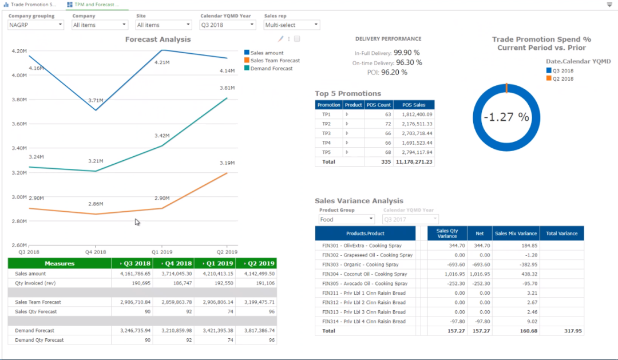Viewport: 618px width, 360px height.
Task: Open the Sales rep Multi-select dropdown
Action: pyautogui.click(x=291, y=25)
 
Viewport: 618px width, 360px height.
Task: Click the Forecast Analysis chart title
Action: pyautogui.click(x=158, y=39)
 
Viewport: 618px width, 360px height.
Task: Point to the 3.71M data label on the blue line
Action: pyautogui.click(x=96, y=101)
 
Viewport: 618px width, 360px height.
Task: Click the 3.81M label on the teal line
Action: pyautogui.click(x=227, y=88)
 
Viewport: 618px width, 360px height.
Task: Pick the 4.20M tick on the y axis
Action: pyautogui.click(x=19, y=51)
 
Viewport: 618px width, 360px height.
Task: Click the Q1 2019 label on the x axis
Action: pyautogui.click(x=161, y=252)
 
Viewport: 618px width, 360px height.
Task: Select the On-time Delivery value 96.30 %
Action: pyautogui.click(x=409, y=62)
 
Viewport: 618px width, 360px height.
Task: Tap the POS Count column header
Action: pyautogui.click(x=379, y=105)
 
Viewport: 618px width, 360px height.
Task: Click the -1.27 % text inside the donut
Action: pyautogui.click(x=506, y=117)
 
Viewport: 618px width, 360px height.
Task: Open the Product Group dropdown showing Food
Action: pyautogui.click(x=347, y=219)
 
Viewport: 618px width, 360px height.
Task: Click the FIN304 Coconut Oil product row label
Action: pyautogui.click(x=365, y=274)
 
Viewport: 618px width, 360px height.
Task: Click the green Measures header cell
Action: pyautogui.click(x=60, y=263)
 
